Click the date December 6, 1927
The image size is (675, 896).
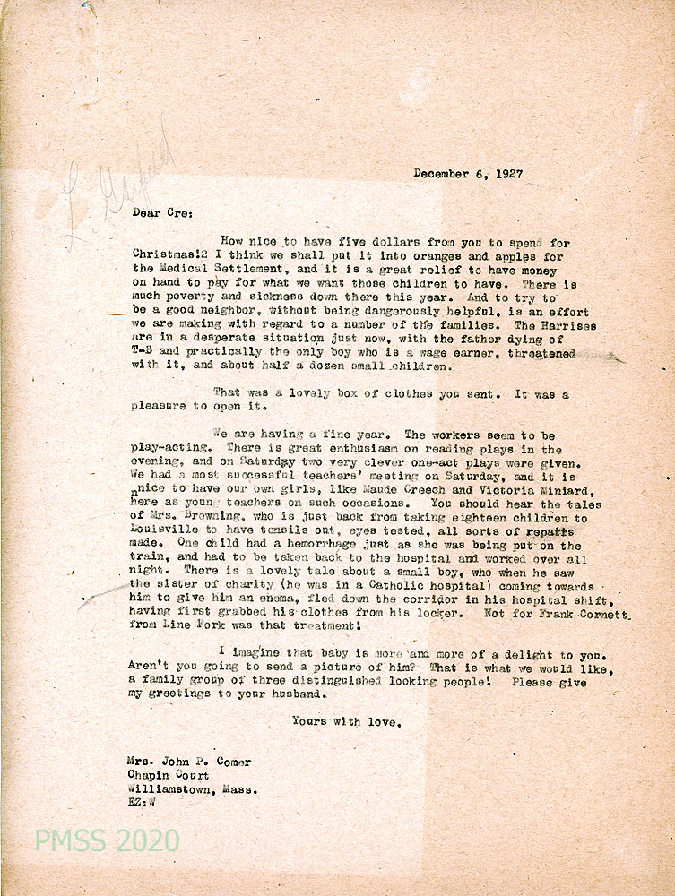click(x=468, y=174)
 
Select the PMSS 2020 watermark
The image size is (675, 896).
click(x=107, y=841)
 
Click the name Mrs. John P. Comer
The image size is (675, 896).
click(x=189, y=762)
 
